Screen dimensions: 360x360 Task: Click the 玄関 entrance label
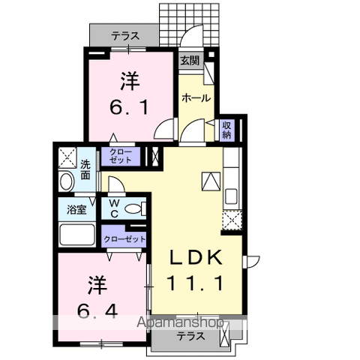(x=190, y=61)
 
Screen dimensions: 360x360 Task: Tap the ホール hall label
(x=196, y=98)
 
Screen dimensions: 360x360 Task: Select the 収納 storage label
(x=226, y=130)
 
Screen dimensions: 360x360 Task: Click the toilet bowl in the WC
(x=133, y=208)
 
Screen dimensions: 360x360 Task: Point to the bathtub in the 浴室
(x=77, y=235)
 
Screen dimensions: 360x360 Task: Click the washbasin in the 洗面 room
(x=67, y=181)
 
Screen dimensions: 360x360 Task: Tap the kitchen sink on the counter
(x=231, y=196)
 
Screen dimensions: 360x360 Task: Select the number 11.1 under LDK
(x=195, y=283)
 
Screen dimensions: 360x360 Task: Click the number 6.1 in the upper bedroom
(x=129, y=106)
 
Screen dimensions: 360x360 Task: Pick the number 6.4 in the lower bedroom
(x=97, y=311)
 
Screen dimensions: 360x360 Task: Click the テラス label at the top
(x=125, y=37)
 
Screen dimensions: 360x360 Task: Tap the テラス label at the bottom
(x=191, y=336)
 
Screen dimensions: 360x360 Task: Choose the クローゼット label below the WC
(x=124, y=239)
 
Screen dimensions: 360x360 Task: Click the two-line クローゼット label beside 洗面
(x=121, y=157)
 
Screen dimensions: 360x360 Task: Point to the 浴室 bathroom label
(x=76, y=209)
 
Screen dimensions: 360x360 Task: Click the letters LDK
(x=196, y=257)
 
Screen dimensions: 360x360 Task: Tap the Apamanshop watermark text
(x=180, y=322)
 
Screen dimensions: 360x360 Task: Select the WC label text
(x=114, y=208)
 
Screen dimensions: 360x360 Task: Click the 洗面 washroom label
(x=85, y=170)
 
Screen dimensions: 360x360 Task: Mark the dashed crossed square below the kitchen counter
(x=232, y=220)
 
